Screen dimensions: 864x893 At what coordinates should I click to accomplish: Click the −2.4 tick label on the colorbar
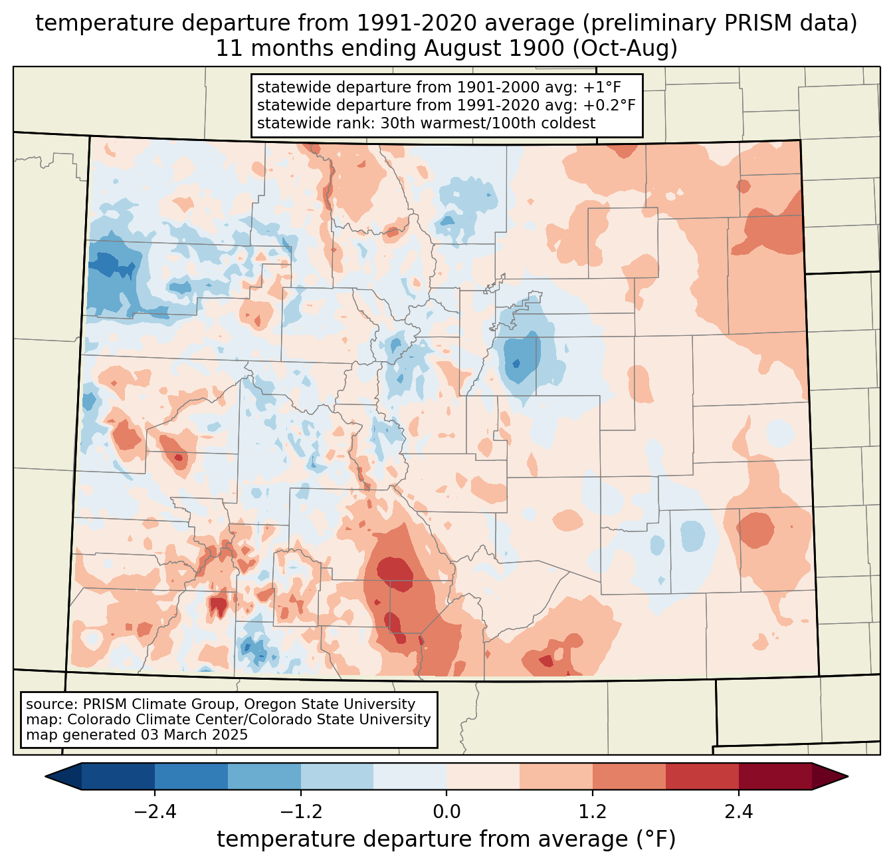point(155,812)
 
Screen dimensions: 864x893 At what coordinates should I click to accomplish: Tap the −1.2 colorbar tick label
point(300,812)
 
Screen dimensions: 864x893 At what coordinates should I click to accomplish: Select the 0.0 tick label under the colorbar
point(446,812)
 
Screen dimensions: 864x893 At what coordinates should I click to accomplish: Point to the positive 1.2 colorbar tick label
point(593,812)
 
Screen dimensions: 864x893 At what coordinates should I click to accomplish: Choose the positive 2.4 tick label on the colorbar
point(738,812)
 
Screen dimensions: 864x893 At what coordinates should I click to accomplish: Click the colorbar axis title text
point(446,839)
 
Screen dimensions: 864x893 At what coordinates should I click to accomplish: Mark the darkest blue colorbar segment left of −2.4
point(118,776)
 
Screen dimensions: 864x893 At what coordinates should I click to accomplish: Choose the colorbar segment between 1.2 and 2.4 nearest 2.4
point(702,776)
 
